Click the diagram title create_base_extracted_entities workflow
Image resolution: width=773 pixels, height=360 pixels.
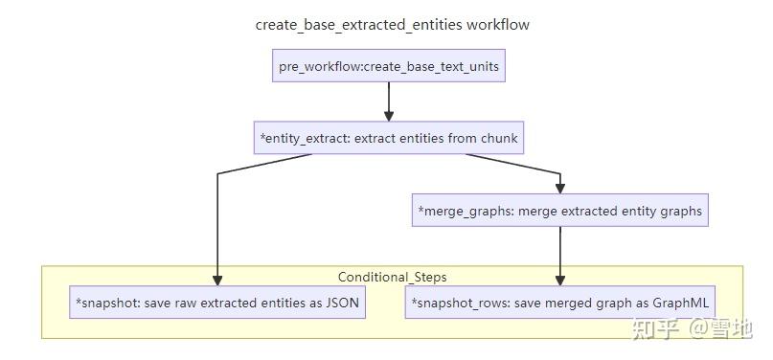(x=392, y=25)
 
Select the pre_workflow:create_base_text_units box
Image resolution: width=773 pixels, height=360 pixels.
(x=388, y=66)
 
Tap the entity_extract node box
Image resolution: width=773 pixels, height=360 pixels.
(x=388, y=138)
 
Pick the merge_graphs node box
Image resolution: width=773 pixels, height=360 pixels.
(x=560, y=210)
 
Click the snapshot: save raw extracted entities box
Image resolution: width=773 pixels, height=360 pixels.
(x=218, y=303)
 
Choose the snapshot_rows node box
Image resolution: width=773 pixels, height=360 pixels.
(x=560, y=303)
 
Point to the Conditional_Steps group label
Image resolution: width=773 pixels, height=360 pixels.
(x=392, y=277)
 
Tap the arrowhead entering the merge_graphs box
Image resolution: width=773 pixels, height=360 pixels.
(x=560, y=189)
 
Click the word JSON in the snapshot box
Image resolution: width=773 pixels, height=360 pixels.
(x=342, y=303)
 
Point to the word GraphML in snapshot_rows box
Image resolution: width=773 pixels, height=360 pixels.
(x=679, y=303)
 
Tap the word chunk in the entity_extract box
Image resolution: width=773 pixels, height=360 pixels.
(x=499, y=138)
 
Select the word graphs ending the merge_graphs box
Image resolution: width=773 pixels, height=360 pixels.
(x=681, y=210)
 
